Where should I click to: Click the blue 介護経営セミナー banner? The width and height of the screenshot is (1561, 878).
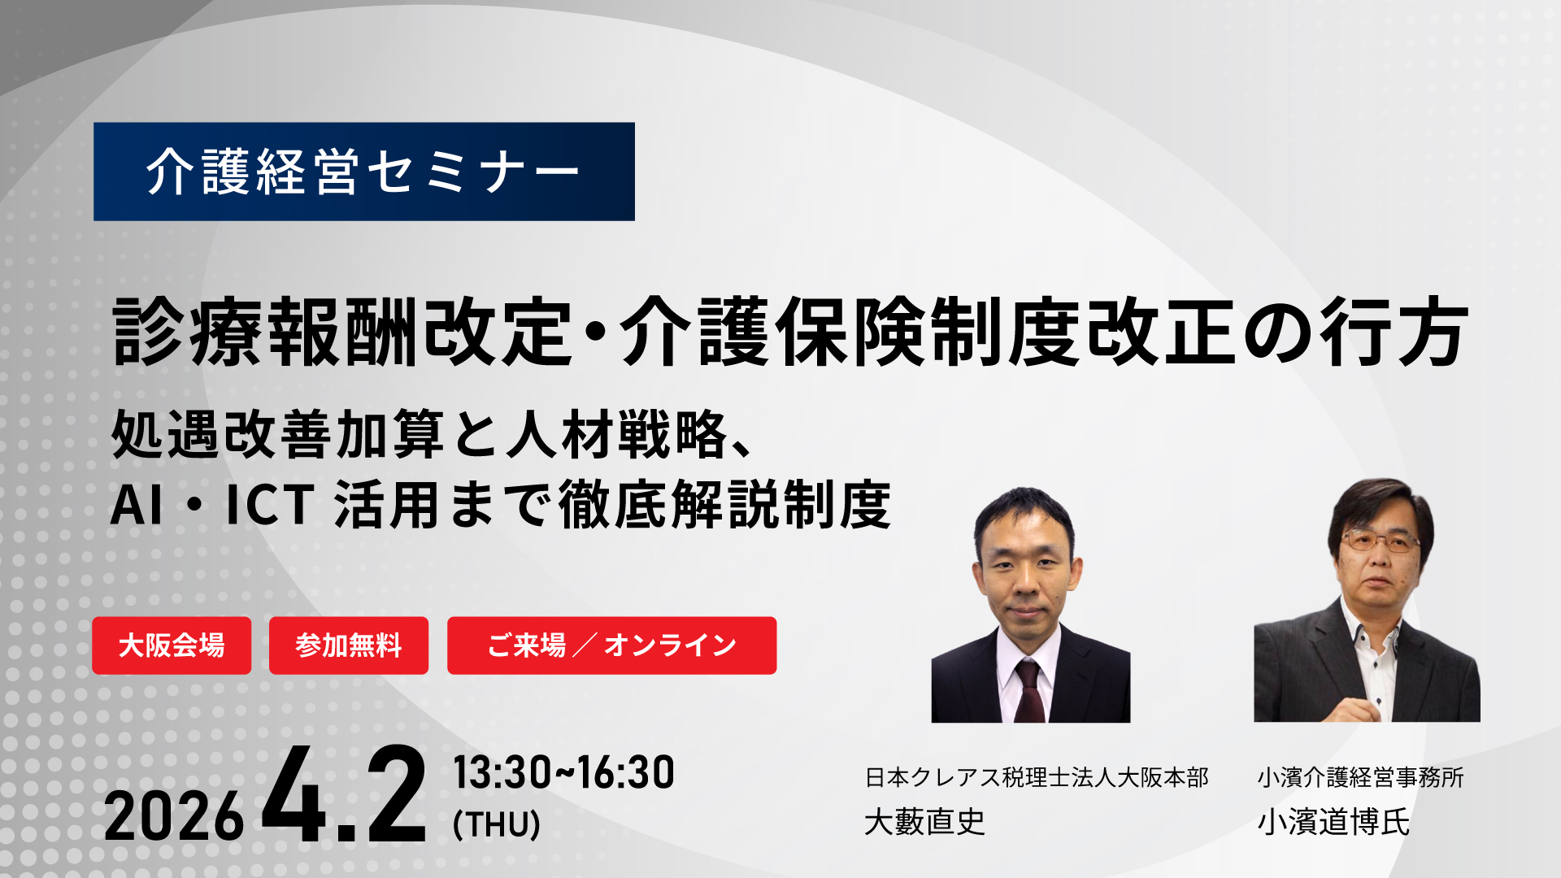[364, 172]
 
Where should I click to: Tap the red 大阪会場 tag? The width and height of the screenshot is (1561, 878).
[172, 645]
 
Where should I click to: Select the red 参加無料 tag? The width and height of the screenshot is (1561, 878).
[349, 645]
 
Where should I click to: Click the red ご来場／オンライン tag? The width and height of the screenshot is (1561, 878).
[611, 645]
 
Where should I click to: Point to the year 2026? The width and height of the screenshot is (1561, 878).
[174, 817]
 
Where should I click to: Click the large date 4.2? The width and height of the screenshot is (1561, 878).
[344, 796]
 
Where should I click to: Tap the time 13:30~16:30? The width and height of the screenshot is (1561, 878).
[563, 772]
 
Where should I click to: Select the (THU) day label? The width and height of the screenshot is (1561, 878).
[497, 824]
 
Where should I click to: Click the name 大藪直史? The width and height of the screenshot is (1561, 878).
[924, 822]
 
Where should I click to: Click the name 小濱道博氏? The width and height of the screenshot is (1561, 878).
[1333, 822]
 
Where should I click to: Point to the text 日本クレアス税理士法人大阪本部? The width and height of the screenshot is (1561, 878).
[1037, 777]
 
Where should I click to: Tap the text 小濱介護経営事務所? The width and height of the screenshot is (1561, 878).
[1360, 777]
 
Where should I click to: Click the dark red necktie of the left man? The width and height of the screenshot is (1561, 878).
[1029, 691]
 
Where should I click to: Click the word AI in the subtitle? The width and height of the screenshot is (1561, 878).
[136, 505]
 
